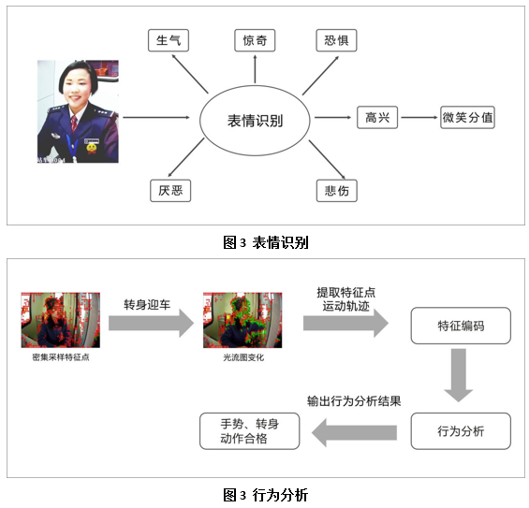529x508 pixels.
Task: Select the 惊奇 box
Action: click(x=254, y=40)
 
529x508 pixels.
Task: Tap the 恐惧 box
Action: click(x=336, y=40)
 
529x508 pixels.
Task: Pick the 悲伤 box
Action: click(x=336, y=190)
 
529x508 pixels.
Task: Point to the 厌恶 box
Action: click(x=169, y=190)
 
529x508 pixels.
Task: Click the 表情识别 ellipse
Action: click(x=255, y=120)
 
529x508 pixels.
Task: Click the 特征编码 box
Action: click(x=461, y=326)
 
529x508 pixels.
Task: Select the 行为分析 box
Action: click(x=461, y=431)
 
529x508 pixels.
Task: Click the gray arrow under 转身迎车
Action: click(x=150, y=323)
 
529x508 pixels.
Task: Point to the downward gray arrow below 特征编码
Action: click(x=461, y=375)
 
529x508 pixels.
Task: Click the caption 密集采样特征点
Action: click(x=60, y=357)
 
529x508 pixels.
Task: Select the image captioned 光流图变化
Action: click(x=242, y=321)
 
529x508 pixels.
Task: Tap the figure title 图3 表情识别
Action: click(x=265, y=242)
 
